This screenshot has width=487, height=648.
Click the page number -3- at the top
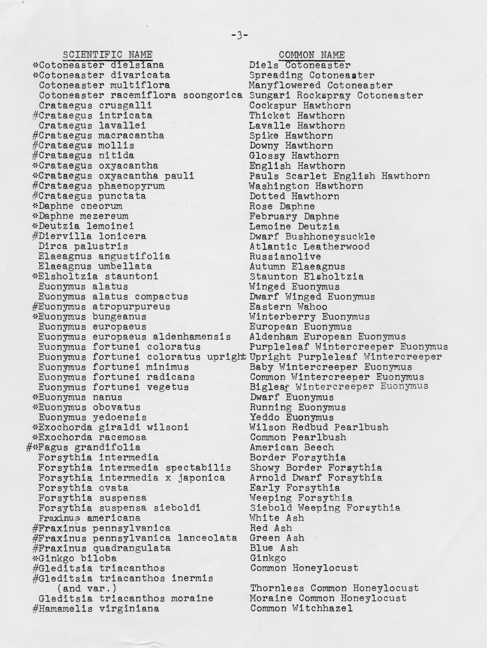point(239,36)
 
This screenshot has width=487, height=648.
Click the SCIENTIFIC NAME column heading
point(107,55)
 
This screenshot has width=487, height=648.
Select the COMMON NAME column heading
point(312,55)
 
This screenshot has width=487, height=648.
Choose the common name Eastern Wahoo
point(288,307)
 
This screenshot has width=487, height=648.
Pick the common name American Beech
point(292,447)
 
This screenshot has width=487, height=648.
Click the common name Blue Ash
point(274,548)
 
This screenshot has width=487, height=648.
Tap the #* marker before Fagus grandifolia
point(32,448)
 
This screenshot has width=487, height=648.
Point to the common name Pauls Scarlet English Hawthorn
point(339,176)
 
